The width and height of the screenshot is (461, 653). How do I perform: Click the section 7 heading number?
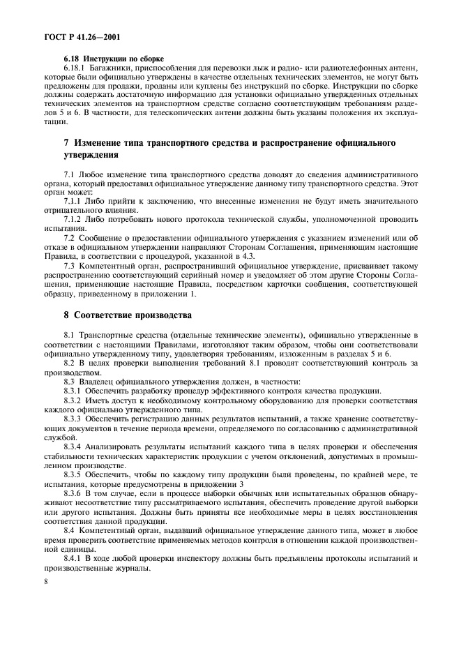pos(66,142)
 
